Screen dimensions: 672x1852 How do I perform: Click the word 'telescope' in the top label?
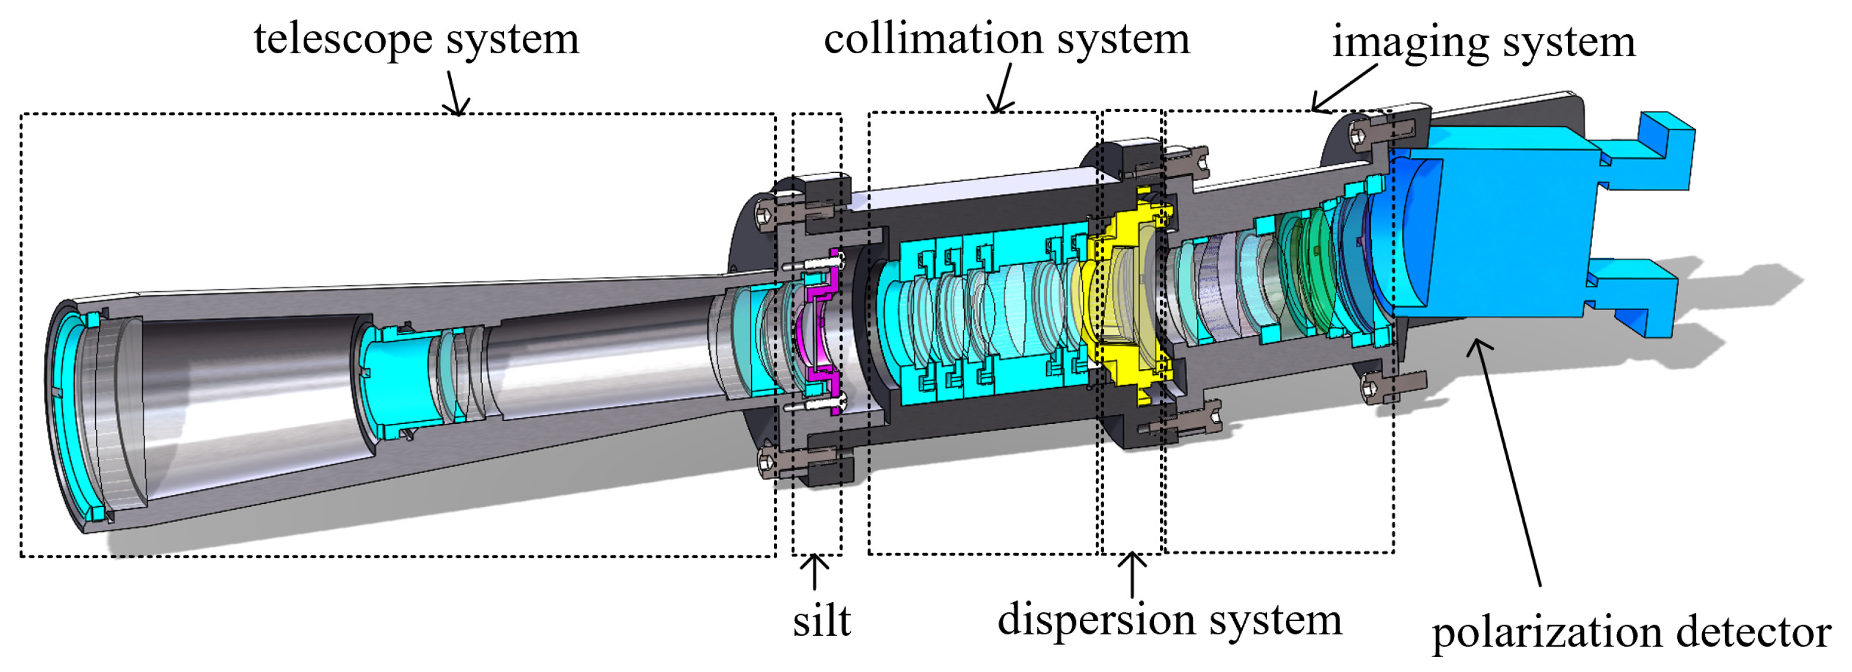pos(345,39)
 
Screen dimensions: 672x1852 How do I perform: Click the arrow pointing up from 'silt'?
pos(814,571)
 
